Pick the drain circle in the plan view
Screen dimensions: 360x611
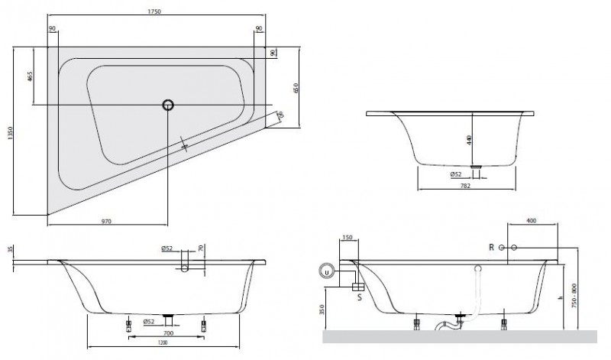167,105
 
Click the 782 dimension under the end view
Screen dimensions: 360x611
464,185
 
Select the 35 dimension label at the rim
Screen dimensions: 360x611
9,251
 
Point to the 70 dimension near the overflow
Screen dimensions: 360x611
201,249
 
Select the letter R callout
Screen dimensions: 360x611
492,247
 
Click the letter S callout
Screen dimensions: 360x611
359,297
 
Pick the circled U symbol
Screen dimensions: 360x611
328,271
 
